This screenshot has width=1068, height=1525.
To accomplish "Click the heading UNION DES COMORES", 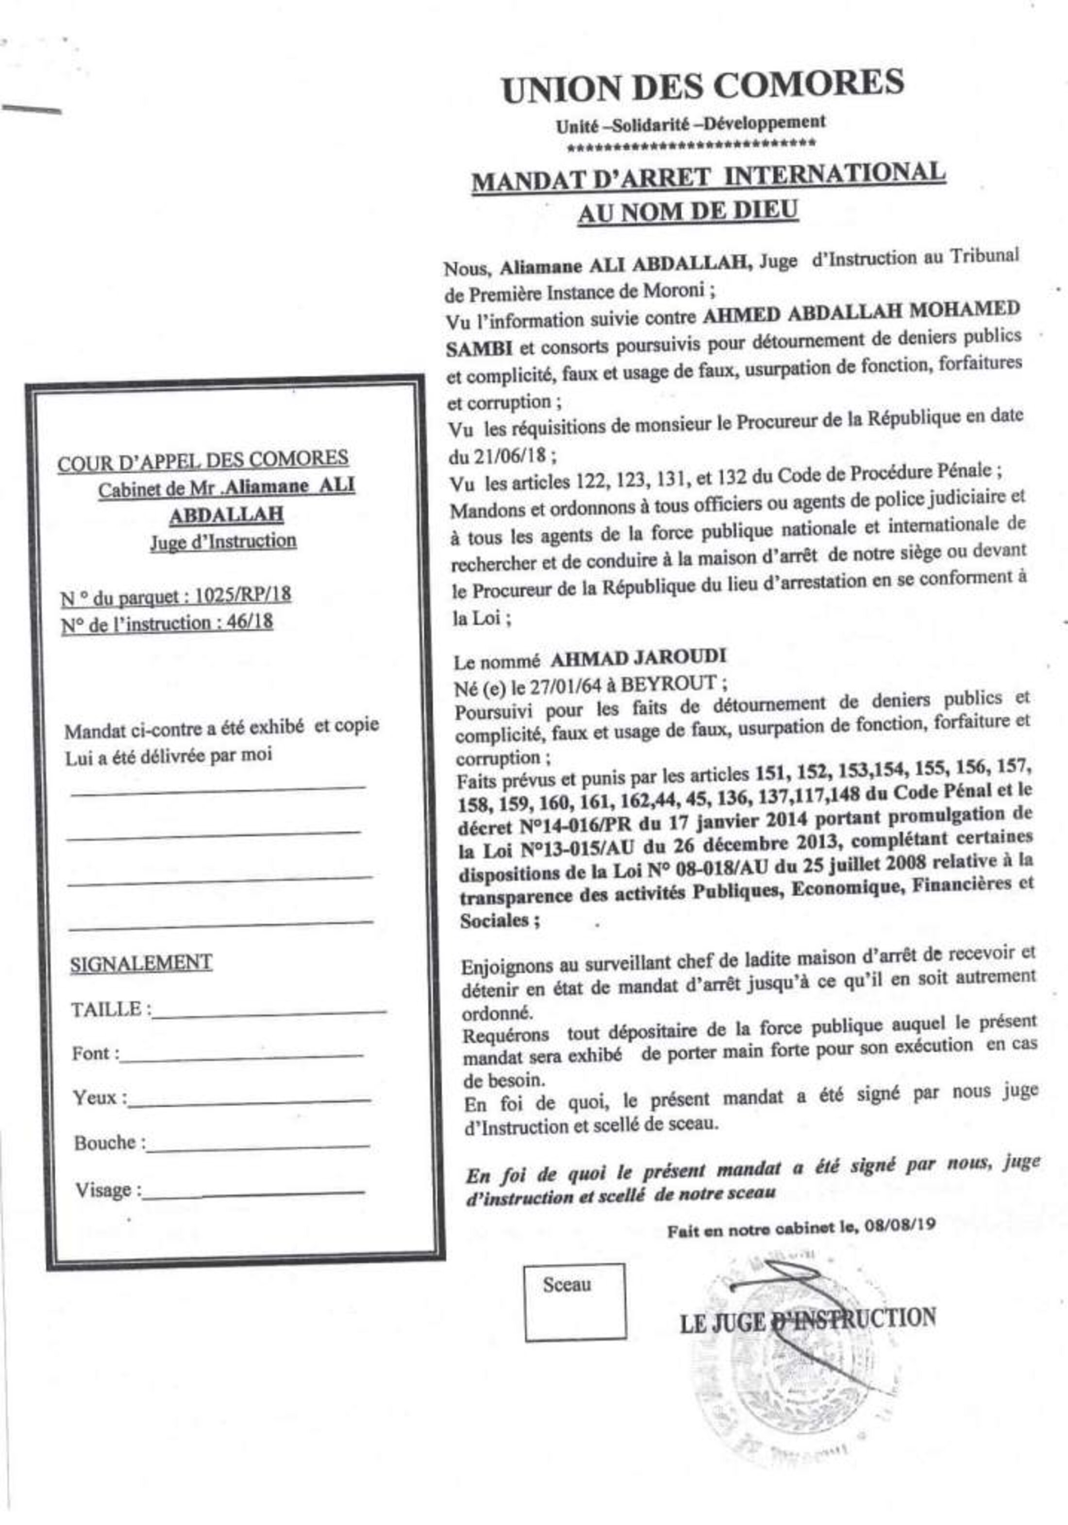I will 703,87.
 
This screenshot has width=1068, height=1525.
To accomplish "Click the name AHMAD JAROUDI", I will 637,657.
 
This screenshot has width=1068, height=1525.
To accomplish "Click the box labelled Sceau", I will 574,1302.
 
